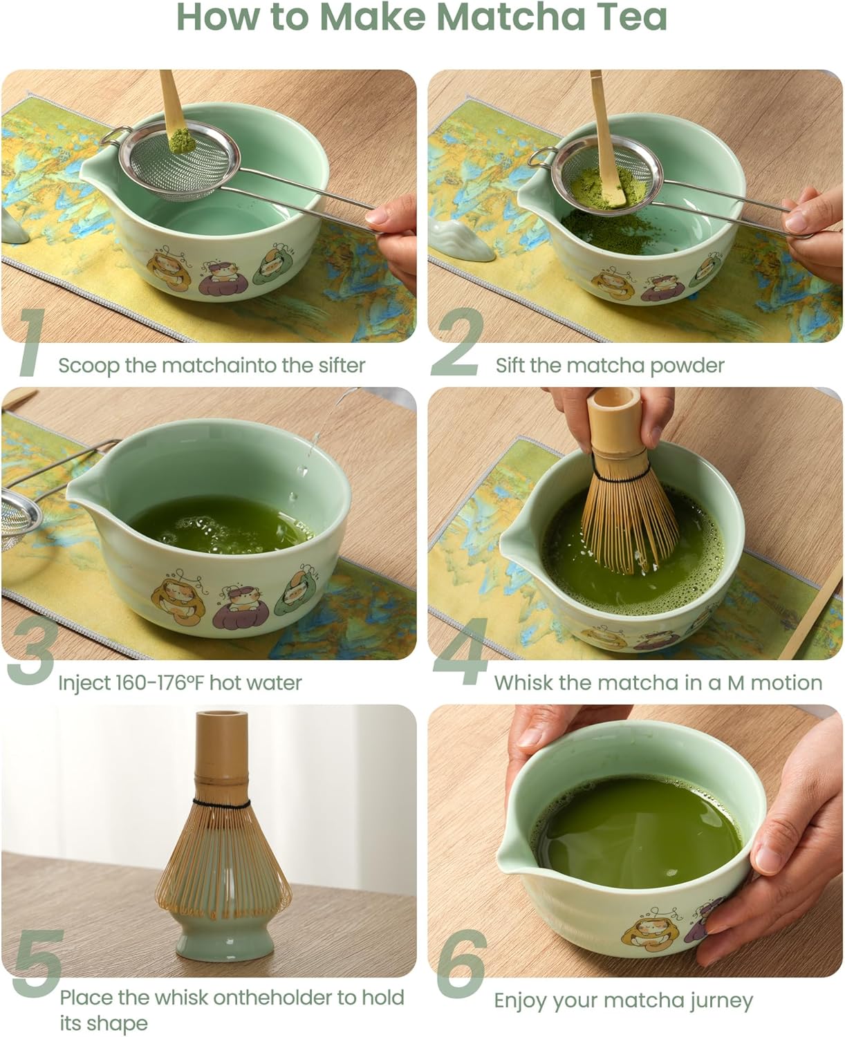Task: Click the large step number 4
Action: pyautogui.click(x=460, y=653)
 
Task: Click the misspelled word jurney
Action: pyautogui.click(x=720, y=1001)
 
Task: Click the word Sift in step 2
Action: pyautogui.click(x=510, y=365)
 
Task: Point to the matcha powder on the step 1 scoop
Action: pyautogui.click(x=178, y=142)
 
